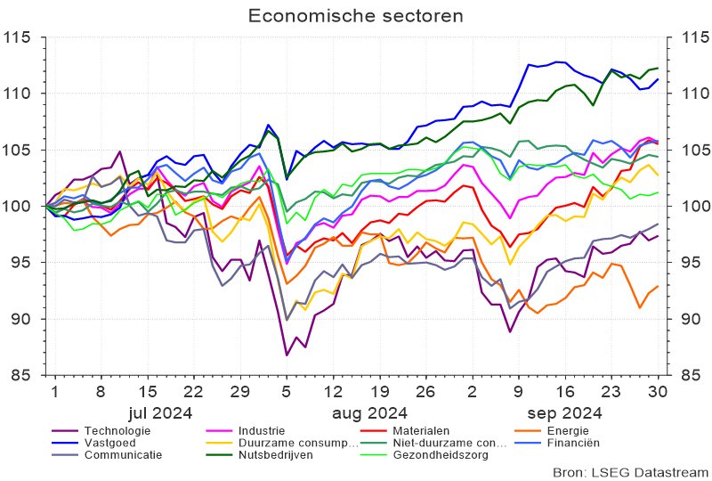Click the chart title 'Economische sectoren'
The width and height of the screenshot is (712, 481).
click(356, 16)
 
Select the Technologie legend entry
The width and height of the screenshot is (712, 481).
click(117, 431)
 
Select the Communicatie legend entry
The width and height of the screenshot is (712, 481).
click(123, 454)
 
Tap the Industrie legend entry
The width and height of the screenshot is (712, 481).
click(264, 431)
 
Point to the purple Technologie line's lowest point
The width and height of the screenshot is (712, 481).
click(287, 355)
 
